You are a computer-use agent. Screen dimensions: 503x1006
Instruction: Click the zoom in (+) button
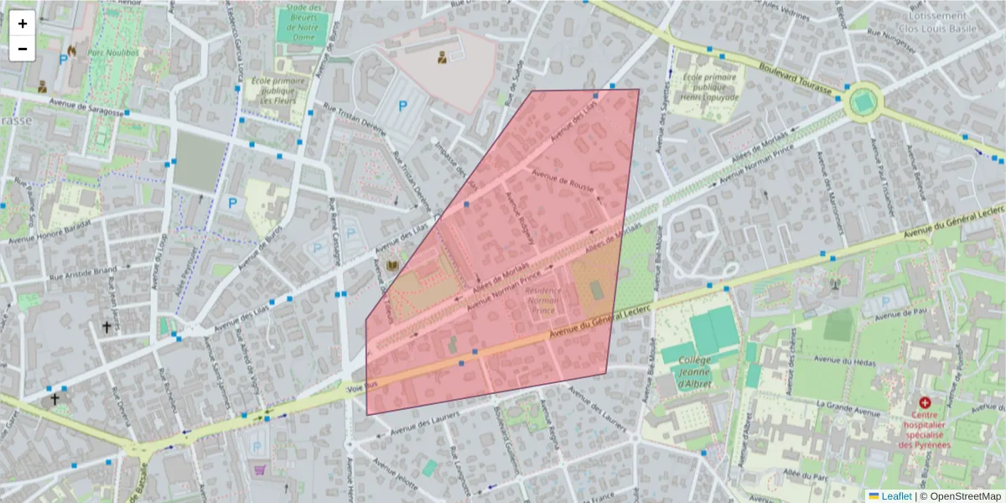23,23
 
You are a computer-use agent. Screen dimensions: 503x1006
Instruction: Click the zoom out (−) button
23,48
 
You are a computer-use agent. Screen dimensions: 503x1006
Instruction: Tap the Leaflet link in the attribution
895,496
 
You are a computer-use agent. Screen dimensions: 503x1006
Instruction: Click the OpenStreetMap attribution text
966,496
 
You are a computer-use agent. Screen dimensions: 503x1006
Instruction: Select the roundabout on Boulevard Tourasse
863,103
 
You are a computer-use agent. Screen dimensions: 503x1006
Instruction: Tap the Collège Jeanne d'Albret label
694,372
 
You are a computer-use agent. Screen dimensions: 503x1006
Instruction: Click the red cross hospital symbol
925,403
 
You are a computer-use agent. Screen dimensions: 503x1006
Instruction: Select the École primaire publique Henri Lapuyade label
710,86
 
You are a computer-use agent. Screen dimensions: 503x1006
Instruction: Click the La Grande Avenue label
848,408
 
